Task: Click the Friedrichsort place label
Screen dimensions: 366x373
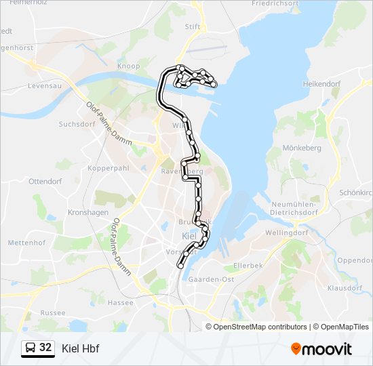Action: click(x=274, y=3)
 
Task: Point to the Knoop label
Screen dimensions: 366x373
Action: click(x=128, y=66)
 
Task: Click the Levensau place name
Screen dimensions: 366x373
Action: click(x=45, y=86)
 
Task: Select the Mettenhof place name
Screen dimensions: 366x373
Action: click(x=26, y=242)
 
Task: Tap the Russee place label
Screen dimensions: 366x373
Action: click(x=53, y=313)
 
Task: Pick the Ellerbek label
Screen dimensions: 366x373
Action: click(x=248, y=265)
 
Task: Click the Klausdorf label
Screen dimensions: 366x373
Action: click(x=345, y=287)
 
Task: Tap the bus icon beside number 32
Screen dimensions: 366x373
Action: click(x=31, y=348)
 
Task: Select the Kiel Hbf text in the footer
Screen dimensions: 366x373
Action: click(x=80, y=348)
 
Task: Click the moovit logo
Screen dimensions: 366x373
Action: click(x=321, y=348)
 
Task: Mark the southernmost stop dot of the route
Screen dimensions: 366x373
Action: click(x=180, y=266)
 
